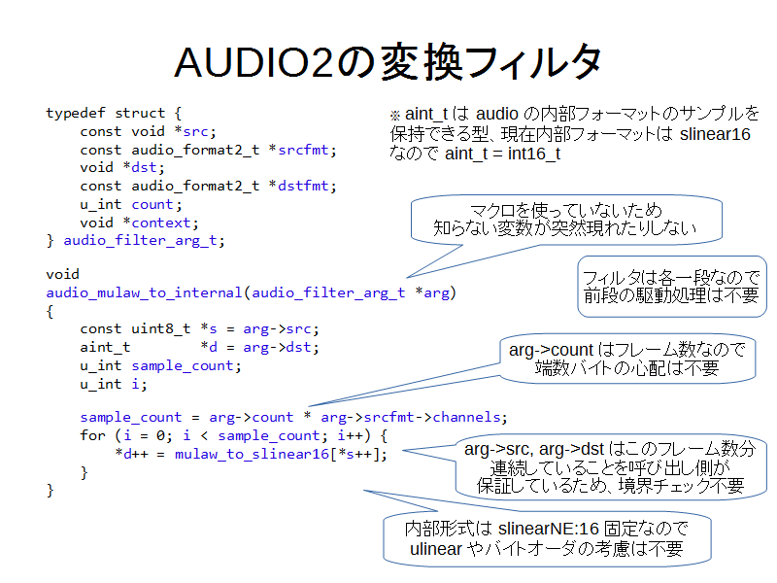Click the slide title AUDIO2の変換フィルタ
coord(388,62)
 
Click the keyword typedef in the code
coord(76,114)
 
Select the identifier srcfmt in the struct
coord(303,150)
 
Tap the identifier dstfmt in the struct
coord(303,186)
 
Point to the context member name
coord(161,223)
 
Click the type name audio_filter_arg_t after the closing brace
coord(140,241)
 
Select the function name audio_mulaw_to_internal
coord(144,293)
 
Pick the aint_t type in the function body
coord(105,348)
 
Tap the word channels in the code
coord(466,417)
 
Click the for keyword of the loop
coord(92,435)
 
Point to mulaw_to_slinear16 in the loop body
coord(252,454)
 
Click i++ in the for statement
coord(350,435)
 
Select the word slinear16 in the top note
coord(715,134)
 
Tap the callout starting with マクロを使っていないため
coord(566,220)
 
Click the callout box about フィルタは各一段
coord(672,286)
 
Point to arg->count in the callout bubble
coord(551,350)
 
